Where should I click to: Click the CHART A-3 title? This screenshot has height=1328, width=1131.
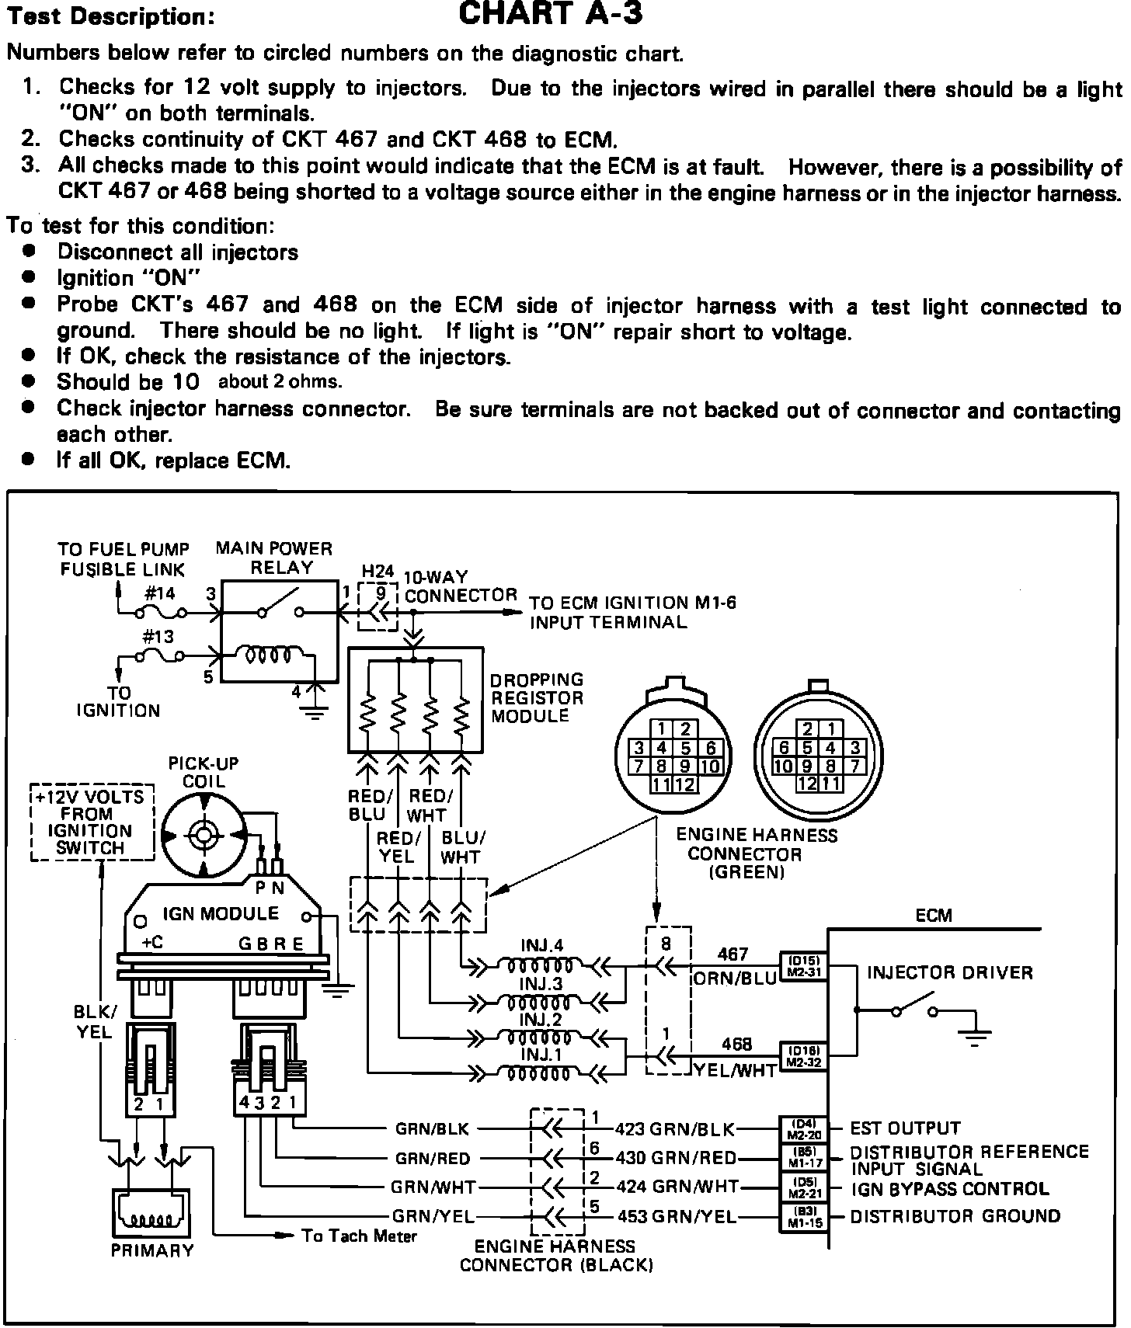(551, 14)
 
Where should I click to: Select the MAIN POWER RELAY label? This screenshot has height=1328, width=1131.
(273, 558)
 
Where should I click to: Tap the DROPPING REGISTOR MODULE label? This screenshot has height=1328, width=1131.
(537, 697)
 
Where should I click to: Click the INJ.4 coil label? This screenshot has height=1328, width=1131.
(541, 946)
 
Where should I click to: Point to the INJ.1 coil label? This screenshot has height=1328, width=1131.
(541, 1055)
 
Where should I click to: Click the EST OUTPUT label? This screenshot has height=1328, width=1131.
(906, 1128)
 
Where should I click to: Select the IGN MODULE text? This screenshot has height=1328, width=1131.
(221, 913)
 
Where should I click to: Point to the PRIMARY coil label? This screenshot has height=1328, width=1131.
(152, 1250)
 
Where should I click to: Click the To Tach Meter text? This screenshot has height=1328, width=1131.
(359, 1236)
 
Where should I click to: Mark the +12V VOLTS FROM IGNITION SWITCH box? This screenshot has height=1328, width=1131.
(91, 822)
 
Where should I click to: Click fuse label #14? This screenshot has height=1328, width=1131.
(160, 594)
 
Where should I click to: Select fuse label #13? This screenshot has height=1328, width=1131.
(158, 637)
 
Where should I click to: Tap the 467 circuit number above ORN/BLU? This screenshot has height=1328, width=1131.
(733, 954)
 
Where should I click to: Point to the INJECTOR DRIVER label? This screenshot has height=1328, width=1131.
(950, 972)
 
